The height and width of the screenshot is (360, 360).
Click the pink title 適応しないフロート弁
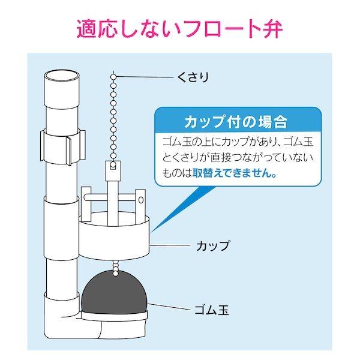click(x=179, y=29)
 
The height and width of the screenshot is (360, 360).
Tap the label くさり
click(x=193, y=76)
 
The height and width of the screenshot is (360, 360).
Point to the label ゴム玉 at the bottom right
click(x=211, y=311)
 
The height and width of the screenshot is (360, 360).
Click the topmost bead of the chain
click(x=113, y=75)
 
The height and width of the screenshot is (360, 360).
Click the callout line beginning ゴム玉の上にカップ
click(x=238, y=143)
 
